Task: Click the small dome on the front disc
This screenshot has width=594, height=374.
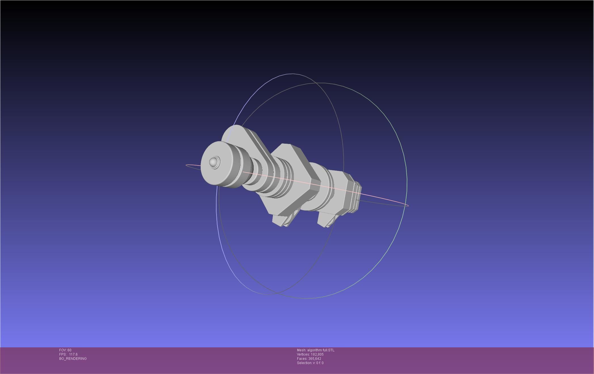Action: [213, 162]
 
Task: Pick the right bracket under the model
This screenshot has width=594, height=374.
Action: [326, 220]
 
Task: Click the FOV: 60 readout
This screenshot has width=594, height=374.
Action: [65, 350]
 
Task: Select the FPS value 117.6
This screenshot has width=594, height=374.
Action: [73, 354]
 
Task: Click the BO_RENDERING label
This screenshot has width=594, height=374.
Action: [73, 359]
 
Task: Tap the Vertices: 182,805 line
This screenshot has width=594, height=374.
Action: [310, 354]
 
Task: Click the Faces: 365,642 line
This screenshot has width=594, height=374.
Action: [309, 359]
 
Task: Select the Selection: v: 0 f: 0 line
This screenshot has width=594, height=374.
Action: [310, 363]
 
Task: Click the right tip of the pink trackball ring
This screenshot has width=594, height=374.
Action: [408, 205]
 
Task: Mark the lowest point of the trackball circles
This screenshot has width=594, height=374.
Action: [305, 298]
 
